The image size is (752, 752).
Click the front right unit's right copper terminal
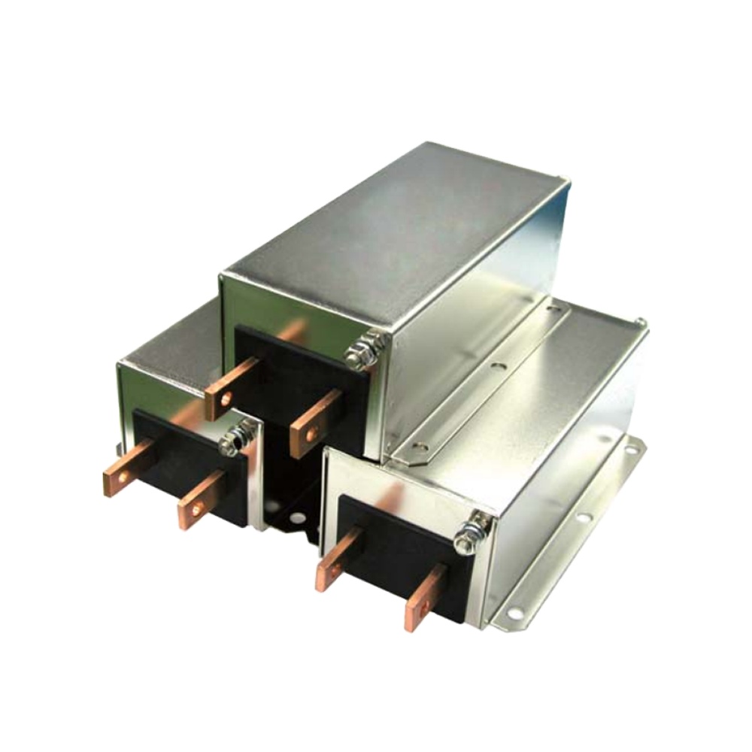pyautogui.click(x=425, y=595)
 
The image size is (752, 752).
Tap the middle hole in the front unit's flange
pyautogui.click(x=581, y=518)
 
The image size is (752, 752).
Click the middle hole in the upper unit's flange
pyautogui.click(x=497, y=368)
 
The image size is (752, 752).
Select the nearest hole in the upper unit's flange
pyautogui.click(x=421, y=445)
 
